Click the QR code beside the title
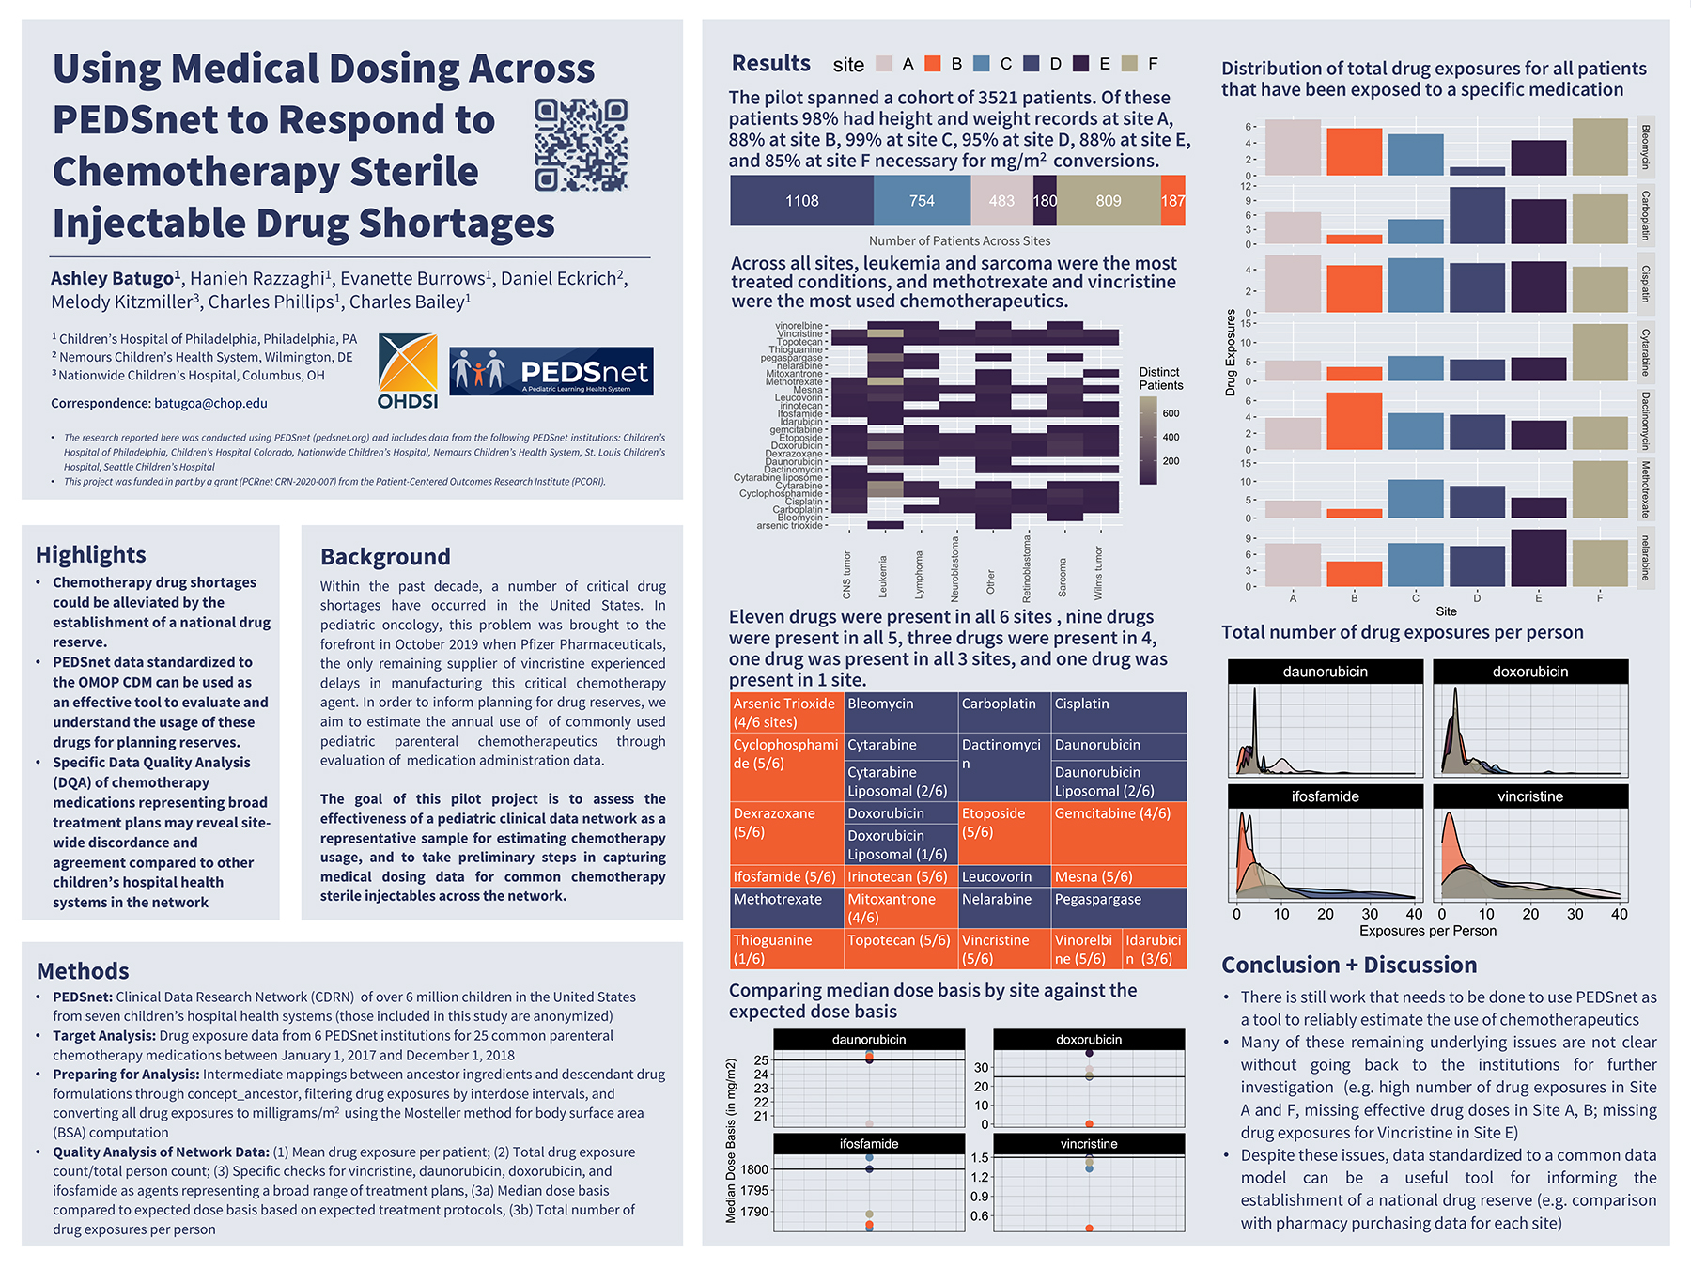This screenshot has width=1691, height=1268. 581,145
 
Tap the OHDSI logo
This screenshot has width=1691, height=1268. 408,371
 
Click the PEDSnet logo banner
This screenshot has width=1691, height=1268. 551,371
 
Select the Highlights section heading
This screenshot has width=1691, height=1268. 91,554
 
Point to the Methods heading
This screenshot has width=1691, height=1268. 83,970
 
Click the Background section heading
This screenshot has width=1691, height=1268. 385,556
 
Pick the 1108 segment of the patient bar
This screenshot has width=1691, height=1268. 801,201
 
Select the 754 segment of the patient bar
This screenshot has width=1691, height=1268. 922,201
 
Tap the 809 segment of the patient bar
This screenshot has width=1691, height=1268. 1109,201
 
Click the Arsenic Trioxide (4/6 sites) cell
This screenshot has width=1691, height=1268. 786,713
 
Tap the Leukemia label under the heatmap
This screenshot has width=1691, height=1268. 883,576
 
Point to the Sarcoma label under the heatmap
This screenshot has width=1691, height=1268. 1063,578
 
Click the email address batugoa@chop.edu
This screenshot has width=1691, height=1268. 210,403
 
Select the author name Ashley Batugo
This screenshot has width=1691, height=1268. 113,278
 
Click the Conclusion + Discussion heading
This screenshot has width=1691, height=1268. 1349,965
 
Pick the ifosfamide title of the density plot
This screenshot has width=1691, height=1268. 1325,796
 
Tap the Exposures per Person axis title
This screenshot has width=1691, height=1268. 1428,931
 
